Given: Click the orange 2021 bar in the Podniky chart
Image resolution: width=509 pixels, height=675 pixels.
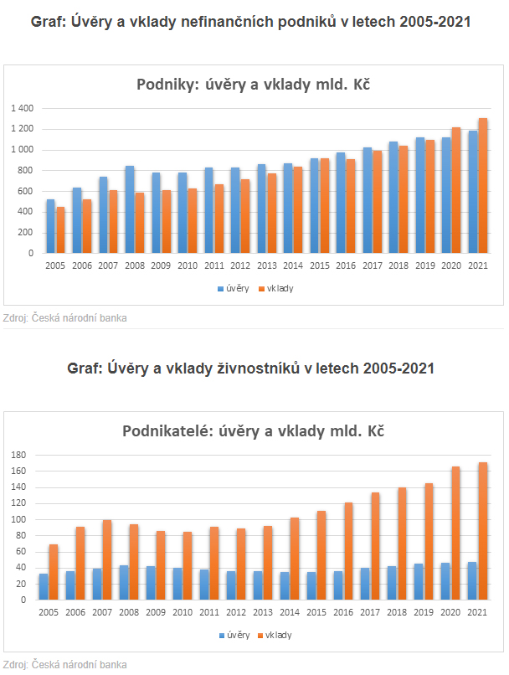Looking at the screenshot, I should [483, 186].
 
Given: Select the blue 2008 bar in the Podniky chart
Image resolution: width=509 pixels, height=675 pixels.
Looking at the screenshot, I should [130, 209].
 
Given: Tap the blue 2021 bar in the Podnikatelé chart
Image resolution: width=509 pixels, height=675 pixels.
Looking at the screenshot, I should [471, 580].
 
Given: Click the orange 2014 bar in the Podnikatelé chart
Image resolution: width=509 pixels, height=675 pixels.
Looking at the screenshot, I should [294, 558].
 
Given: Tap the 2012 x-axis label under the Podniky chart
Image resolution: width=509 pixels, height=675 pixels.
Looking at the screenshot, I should [240, 265].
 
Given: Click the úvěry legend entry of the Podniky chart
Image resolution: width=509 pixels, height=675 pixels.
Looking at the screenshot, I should [235, 288].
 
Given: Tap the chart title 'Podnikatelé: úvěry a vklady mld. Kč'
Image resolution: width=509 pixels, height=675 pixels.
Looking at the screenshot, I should [254, 432].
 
